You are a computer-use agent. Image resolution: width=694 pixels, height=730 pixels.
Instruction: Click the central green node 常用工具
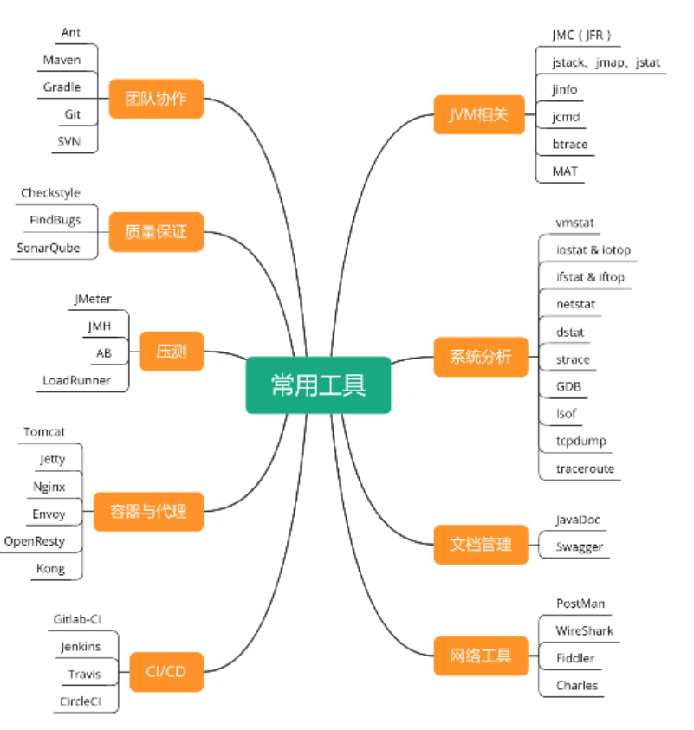pos(318,385)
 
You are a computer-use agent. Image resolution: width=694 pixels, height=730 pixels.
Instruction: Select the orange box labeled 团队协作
pos(156,98)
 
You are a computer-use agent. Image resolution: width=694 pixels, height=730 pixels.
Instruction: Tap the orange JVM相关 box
pos(479,114)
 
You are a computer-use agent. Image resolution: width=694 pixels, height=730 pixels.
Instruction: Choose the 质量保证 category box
pos(156,232)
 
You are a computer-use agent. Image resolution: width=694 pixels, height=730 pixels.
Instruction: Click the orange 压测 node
pos(172,352)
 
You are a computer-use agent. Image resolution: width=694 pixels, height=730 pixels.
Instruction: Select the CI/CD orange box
pos(166,671)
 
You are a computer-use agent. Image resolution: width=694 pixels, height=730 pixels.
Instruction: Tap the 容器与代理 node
pos(148,511)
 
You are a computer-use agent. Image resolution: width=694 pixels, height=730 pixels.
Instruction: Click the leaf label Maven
pos(62,60)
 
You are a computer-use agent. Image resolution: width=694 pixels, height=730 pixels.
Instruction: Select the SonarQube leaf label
pos(49,248)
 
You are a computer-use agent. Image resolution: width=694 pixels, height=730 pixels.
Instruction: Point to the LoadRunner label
pos(77,380)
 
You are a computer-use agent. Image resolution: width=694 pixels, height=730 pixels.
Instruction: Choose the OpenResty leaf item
pos(35,541)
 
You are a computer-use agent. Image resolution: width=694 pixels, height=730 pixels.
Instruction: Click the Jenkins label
pos(81,647)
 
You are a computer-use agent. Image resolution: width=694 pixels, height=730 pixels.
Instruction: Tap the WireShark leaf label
pos(585,630)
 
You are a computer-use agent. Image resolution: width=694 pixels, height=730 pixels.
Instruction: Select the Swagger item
pos(580,546)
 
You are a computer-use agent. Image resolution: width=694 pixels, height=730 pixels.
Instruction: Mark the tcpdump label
pos(581,441)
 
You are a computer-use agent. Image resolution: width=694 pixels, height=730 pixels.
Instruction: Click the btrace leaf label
pos(570,144)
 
